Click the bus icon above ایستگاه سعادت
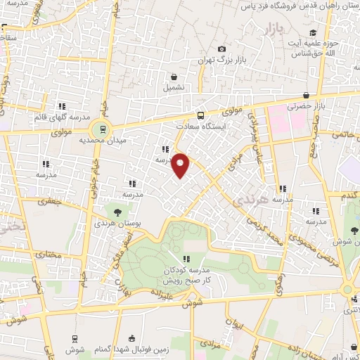click(201, 115)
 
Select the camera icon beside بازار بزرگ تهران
click(222, 49)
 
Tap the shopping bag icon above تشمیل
click(174, 77)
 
